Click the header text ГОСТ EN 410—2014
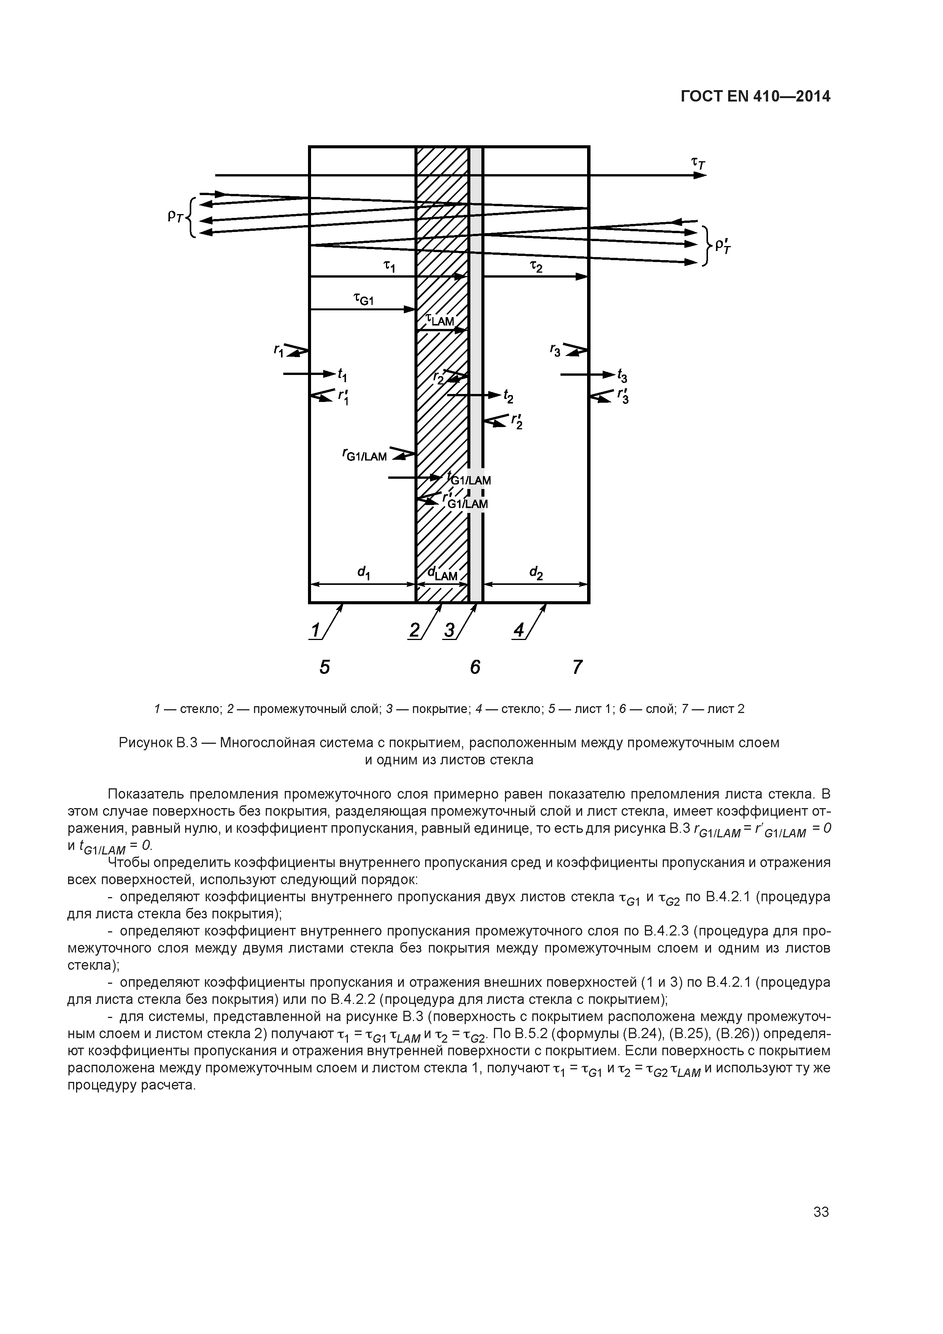point(755,97)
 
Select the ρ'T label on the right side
point(723,246)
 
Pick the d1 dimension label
point(364,573)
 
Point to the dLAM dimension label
point(443,574)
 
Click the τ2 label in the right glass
point(536,266)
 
